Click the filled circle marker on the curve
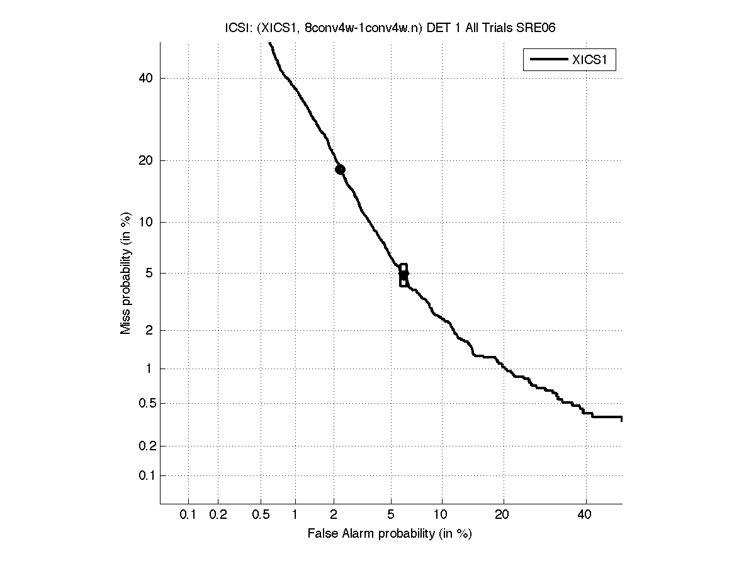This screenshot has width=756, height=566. [x=340, y=169]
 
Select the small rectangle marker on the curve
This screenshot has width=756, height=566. [x=403, y=275]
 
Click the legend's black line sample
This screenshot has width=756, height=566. [x=548, y=60]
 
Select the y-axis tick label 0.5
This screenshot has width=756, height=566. [x=145, y=403]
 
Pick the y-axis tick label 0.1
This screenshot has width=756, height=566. [x=145, y=475]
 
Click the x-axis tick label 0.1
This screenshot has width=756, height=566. [x=188, y=515]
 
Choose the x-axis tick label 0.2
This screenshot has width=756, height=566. [x=218, y=515]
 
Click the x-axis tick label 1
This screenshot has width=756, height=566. [x=295, y=515]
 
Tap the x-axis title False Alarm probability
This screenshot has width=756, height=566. [x=390, y=533]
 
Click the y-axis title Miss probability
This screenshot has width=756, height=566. [x=126, y=274]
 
